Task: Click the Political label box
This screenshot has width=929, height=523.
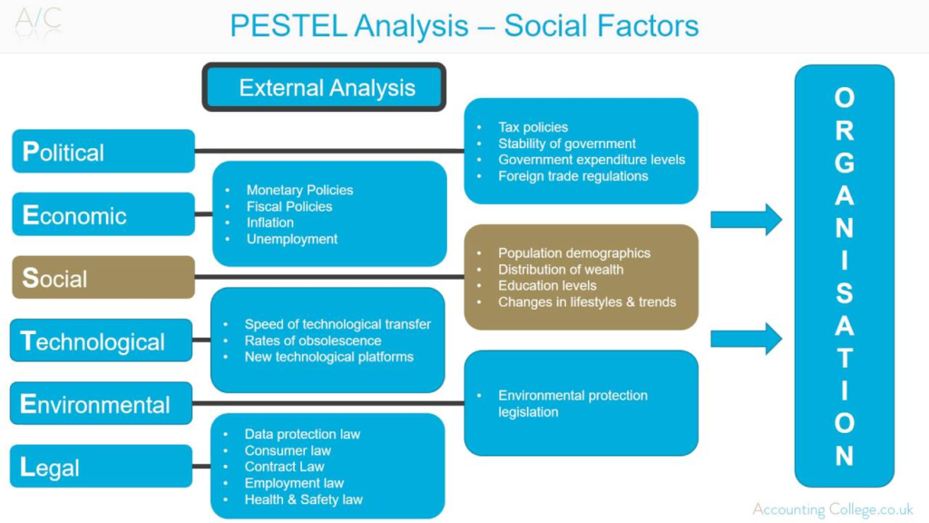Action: (103, 152)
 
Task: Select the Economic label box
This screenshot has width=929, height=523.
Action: (103, 215)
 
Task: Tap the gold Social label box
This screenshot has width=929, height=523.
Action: (103, 278)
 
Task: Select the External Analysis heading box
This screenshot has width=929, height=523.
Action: (325, 88)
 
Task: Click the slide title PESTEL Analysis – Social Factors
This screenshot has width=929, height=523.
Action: (464, 25)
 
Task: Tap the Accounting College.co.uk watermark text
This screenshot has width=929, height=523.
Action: (832, 509)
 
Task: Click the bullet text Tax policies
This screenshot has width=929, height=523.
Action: (533, 127)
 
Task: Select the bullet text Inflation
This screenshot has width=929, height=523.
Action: (269, 222)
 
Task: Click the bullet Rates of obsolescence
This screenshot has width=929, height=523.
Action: (301, 340)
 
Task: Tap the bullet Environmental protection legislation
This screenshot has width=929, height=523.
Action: (572, 403)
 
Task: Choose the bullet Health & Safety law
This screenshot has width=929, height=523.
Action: (303, 499)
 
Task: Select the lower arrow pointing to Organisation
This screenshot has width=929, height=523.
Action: (746, 339)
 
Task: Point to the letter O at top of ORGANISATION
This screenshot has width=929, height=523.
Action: (844, 98)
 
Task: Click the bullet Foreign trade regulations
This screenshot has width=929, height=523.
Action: (572, 176)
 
